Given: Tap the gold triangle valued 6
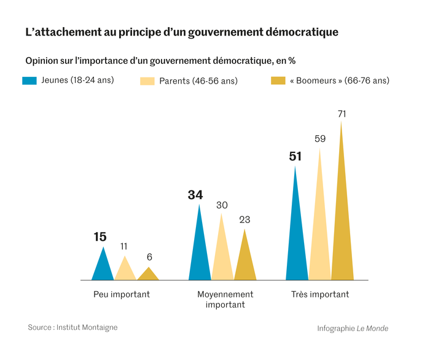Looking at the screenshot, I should (147, 275).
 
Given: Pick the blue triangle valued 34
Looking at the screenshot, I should (200, 252).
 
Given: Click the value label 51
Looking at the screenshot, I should (295, 157).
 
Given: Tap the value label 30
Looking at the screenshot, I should (222, 205).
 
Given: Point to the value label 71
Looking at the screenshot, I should (343, 114).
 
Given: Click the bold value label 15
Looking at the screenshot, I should (100, 237).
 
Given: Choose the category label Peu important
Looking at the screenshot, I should (122, 294).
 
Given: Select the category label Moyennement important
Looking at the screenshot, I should (225, 299).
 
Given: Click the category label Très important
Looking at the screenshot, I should (320, 294).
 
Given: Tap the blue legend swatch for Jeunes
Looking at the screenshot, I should (30, 80).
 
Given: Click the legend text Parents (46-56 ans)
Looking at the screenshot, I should (198, 80).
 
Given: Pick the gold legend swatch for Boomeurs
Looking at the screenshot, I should (278, 80).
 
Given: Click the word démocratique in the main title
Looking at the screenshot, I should (300, 32).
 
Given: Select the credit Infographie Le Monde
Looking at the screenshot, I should (353, 328).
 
